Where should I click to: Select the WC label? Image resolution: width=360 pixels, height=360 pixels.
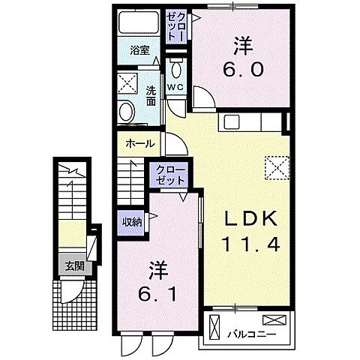[x=175, y=87]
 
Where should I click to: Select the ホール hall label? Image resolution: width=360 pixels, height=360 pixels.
[x=141, y=143]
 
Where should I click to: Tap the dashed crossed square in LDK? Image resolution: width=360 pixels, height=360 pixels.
[x=277, y=167]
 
